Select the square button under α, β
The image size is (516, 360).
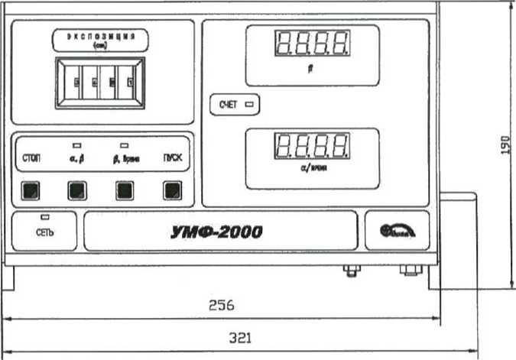tap(76, 190)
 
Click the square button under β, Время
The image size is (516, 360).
tap(125, 190)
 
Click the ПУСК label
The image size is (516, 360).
tap(173, 159)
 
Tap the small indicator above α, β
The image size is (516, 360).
tap(76, 144)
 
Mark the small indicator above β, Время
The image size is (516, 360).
tap(125, 144)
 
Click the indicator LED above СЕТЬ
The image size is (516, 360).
tap(45, 218)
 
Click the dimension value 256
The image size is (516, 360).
tap(221, 304)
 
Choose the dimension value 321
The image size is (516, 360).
tap(240, 336)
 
